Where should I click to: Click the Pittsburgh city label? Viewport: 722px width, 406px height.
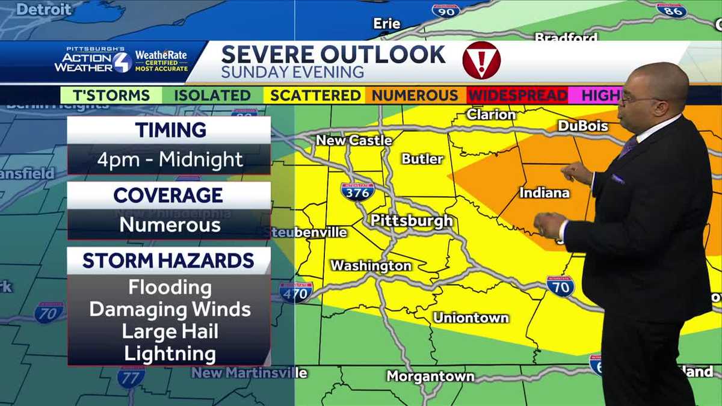point(412,220)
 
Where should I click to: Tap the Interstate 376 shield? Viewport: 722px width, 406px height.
point(357,191)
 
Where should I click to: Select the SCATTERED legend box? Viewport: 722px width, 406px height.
point(315,96)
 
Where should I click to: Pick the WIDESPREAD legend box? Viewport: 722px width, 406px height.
point(517,96)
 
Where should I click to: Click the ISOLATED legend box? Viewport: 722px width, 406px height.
point(212,96)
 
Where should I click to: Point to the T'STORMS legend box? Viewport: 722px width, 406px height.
point(111,96)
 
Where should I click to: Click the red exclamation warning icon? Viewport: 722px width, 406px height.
point(481,60)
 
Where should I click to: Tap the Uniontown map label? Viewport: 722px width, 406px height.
point(471,318)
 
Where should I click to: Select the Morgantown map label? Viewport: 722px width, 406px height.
point(430,377)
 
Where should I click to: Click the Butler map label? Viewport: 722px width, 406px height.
point(422,159)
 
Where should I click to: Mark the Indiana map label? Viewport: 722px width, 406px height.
point(544,193)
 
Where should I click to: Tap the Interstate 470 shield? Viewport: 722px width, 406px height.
point(296,292)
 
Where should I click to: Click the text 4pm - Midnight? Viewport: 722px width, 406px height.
point(170,160)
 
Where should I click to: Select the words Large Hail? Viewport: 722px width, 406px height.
point(170,331)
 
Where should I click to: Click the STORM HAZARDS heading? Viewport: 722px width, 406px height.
point(168,260)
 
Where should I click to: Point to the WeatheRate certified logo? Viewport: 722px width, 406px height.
point(161,61)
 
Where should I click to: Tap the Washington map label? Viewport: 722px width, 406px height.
point(371,265)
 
